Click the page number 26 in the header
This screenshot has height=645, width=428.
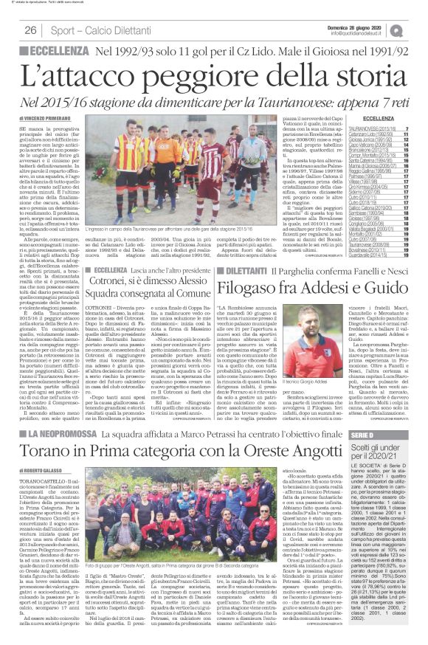(x=31, y=30)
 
